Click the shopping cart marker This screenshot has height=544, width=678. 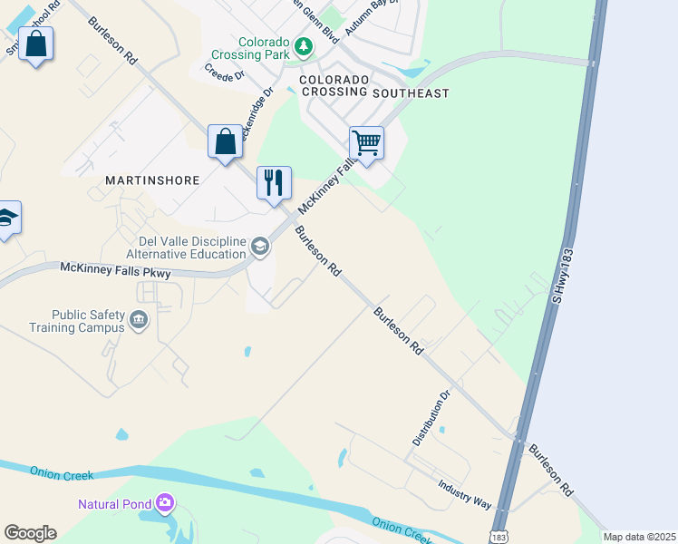click(366, 143)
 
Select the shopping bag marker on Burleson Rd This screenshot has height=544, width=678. click(225, 142)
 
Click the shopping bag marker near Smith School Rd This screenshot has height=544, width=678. click(35, 44)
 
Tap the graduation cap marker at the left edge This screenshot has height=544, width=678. click(7, 219)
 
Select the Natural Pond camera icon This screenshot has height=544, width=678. click(164, 501)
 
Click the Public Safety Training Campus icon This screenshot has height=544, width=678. click(139, 319)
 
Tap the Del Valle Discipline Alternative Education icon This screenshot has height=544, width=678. click(260, 247)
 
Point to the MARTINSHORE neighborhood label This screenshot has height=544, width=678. click(152, 180)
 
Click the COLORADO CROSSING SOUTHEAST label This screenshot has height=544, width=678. click(374, 86)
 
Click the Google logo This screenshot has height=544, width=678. click(30, 533)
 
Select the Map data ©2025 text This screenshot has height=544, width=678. click(638, 537)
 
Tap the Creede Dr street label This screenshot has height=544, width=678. click(225, 72)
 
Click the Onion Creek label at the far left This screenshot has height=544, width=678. click(57, 473)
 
